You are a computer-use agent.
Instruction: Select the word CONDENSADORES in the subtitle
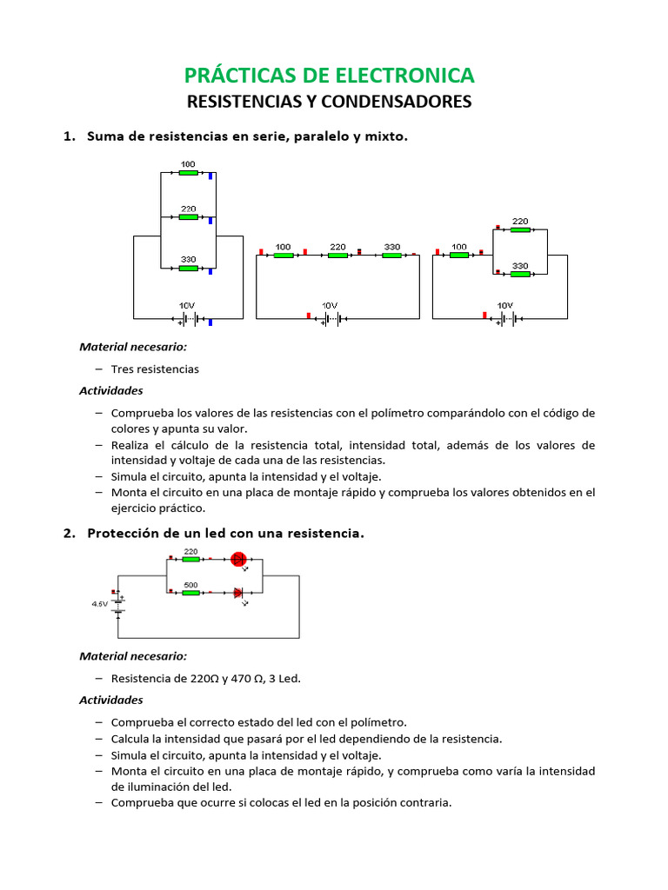click(x=396, y=102)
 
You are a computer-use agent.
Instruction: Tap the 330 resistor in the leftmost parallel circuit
click(x=188, y=268)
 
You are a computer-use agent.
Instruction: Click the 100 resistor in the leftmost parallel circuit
click(x=188, y=173)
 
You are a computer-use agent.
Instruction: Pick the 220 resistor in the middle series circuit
click(x=337, y=255)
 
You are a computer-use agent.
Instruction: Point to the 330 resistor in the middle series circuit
click(x=391, y=255)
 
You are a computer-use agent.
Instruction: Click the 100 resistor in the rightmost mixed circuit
click(x=458, y=255)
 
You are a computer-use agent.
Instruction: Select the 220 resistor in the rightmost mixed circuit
click(x=520, y=229)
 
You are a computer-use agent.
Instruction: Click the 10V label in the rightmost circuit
click(x=504, y=306)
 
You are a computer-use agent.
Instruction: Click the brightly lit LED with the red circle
click(x=239, y=560)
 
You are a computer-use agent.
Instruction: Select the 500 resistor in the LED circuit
click(x=190, y=593)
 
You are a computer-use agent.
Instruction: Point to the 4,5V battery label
click(x=100, y=603)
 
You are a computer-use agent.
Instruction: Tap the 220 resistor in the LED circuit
click(x=190, y=560)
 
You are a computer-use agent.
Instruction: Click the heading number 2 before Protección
click(x=69, y=533)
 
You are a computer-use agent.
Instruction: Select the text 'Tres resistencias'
click(x=155, y=369)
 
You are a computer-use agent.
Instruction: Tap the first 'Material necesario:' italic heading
click(x=132, y=346)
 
